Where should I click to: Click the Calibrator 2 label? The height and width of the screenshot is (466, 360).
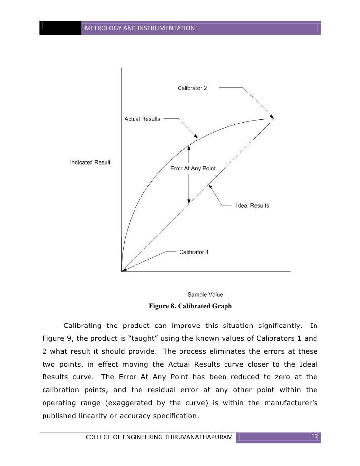coord(192,88)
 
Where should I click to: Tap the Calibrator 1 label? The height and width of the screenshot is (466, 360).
coord(193,252)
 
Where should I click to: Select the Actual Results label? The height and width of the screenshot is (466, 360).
coord(141,119)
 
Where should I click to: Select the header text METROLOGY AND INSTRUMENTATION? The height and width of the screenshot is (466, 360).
coord(140,28)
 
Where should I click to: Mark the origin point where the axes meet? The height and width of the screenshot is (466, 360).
coord(122,271)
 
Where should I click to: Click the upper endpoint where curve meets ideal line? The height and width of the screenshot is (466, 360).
coord(272,118)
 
